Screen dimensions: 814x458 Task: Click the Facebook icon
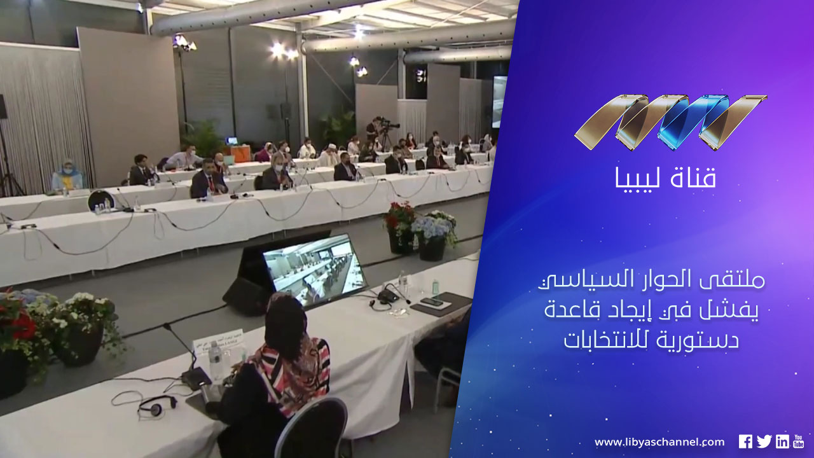pyautogui.click(x=745, y=441)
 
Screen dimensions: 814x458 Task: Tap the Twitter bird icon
pyautogui.click(x=764, y=441)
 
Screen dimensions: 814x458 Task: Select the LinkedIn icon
pyautogui.click(x=782, y=441)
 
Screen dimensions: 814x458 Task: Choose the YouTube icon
pyautogui.click(x=799, y=441)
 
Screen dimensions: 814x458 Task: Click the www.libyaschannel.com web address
pyautogui.click(x=659, y=442)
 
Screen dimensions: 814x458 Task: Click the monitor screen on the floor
pyautogui.click(x=314, y=269)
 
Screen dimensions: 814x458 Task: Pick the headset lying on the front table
pyautogui.click(x=157, y=406)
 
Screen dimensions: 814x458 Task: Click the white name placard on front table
pyautogui.click(x=217, y=342)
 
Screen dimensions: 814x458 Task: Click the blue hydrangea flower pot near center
pyautogui.click(x=433, y=236)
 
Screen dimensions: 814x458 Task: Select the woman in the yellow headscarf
pyautogui.click(x=67, y=175)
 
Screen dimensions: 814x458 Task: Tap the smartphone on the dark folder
pyautogui.click(x=431, y=302)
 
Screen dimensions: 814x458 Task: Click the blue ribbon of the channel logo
pyautogui.click(x=693, y=122)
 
